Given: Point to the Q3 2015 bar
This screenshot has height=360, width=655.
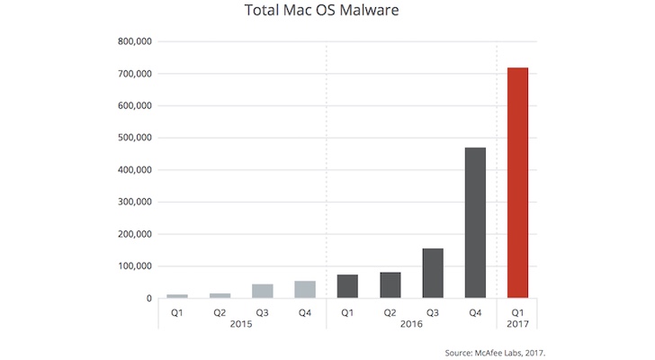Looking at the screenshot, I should pyautogui.click(x=263, y=291).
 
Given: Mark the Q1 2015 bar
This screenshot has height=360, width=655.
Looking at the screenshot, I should pyautogui.click(x=177, y=295).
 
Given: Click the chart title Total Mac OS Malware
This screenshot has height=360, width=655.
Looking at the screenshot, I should pyautogui.click(x=327, y=13).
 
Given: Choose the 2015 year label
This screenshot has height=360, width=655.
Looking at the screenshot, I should pyautogui.click(x=241, y=323).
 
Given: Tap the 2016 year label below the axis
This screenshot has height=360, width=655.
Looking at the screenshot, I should pyautogui.click(x=411, y=323).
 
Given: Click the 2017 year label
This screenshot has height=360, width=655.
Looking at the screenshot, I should pyautogui.click(x=517, y=323).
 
